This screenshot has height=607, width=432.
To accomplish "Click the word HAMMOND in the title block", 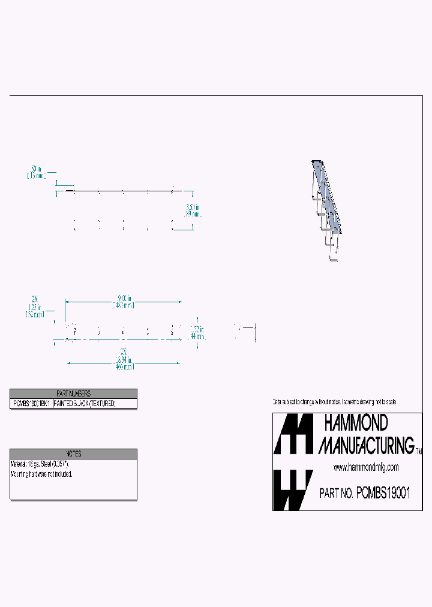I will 356,423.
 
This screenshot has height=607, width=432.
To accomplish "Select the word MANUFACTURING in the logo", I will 366,445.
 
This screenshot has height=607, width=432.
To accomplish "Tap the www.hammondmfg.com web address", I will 366,467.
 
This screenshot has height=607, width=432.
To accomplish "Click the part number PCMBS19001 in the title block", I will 383,493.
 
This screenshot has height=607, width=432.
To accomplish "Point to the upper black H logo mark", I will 293,434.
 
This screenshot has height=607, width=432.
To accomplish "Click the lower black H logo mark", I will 293,489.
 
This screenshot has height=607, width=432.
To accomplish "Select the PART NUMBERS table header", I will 73,393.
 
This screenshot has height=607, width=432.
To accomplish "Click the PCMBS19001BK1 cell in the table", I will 32,404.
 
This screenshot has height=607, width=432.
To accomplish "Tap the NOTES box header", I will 73,454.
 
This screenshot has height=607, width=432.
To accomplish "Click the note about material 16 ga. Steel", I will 40,464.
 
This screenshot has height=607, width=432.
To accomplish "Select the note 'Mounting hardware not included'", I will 41,474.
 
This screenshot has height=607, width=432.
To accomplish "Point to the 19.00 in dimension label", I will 124,298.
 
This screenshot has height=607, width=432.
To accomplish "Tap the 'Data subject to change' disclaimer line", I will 334,401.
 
